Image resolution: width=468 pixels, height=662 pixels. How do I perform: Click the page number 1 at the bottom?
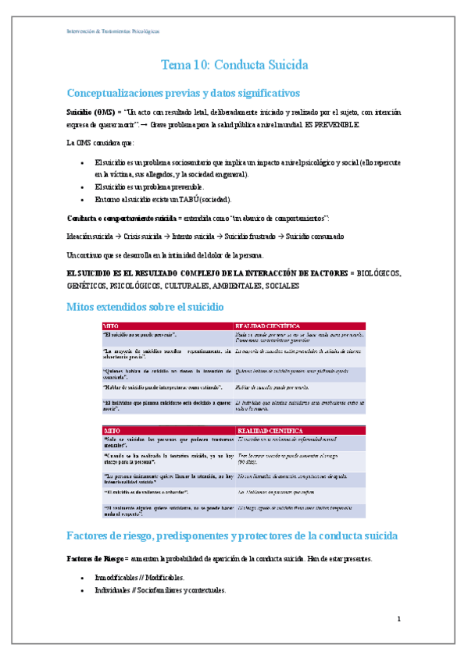(x=398, y=619)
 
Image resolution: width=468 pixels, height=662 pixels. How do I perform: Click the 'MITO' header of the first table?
(x=111, y=325)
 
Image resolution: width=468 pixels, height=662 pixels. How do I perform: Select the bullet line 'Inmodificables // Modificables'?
(x=139, y=578)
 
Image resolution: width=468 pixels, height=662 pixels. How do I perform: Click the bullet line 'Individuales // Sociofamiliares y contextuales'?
(x=160, y=590)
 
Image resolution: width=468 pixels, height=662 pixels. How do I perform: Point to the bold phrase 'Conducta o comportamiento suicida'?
(x=120, y=217)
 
